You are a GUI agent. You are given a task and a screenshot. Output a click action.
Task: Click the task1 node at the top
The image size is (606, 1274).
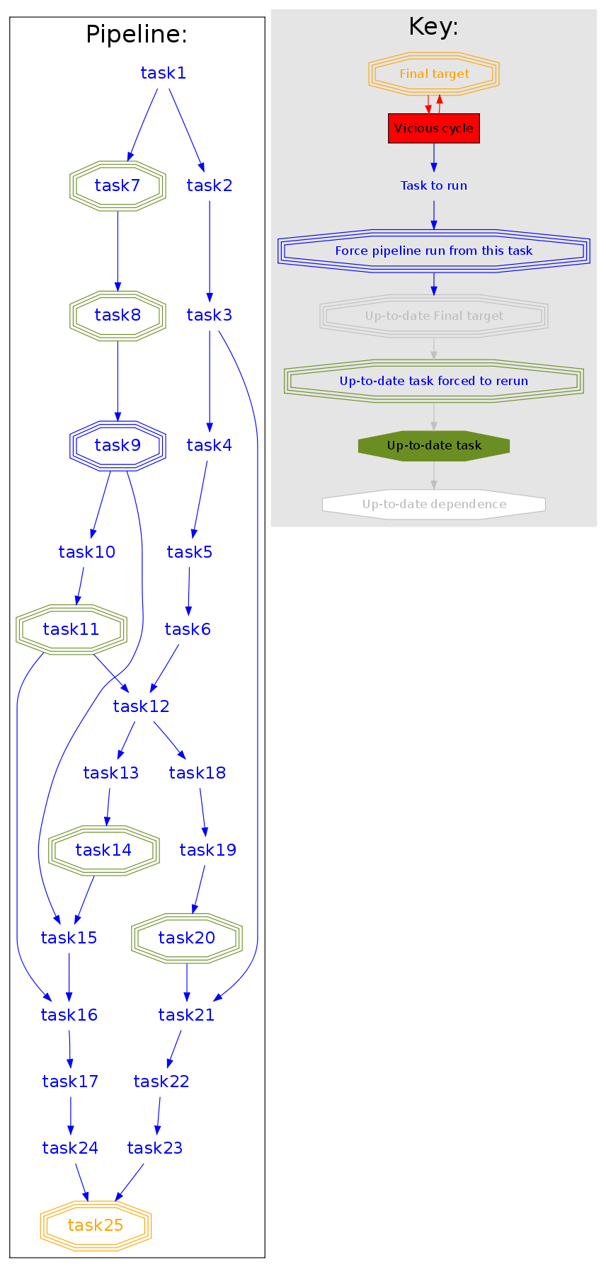(x=163, y=73)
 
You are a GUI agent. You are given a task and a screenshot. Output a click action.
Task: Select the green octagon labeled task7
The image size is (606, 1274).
(x=118, y=186)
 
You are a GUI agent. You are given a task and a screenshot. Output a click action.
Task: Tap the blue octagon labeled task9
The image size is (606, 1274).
(x=118, y=445)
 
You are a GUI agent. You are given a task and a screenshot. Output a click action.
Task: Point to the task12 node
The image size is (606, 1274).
(x=141, y=706)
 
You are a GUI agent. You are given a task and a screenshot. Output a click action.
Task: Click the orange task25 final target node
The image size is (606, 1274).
(x=96, y=1225)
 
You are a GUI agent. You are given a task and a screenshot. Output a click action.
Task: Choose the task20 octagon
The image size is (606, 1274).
(x=187, y=938)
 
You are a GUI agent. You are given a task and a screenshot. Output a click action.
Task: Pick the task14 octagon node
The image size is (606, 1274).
(x=103, y=850)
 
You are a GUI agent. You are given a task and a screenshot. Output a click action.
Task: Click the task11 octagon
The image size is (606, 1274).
(x=71, y=629)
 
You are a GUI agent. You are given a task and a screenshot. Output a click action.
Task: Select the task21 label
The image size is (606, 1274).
(x=186, y=1015)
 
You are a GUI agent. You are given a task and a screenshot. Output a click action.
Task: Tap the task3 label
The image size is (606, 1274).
(x=210, y=315)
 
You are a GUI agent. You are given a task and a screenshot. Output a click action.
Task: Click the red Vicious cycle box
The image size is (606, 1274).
(x=434, y=128)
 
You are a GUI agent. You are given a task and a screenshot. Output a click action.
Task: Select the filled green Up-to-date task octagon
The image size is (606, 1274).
(x=434, y=446)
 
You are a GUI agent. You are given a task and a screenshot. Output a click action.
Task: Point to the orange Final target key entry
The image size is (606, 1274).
(x=434, y=74)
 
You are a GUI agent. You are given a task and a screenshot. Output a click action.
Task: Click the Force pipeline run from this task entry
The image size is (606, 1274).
(x=434, y=251)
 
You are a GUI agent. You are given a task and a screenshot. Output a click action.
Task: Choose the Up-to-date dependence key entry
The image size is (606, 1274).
(x=434, y=505)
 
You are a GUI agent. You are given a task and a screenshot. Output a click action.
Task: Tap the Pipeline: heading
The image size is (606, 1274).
(x=137, y=34)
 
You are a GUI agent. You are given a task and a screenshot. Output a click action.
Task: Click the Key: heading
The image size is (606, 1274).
(x=434, y=27)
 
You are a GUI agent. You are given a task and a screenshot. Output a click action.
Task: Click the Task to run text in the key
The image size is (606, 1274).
(x=434, y=185)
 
